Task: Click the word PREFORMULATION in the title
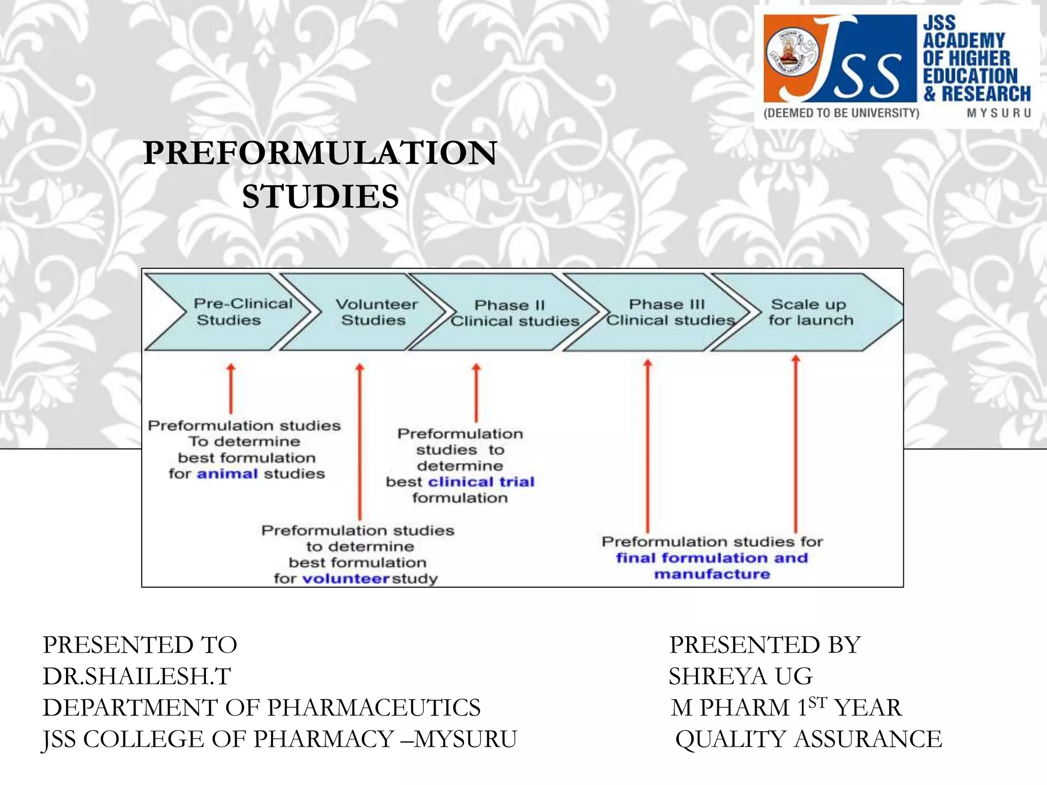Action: click(x=320, y=153)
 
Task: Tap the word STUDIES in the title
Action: click(x=320, y=197)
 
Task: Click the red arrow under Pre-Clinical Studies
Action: click(x=231, y=388)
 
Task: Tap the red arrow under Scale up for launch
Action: click(x=795, y=445)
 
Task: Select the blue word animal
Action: click(x=227, y=474)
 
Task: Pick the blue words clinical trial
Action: click(x=481, y=482)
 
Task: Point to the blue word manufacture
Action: click(x=712, y=574)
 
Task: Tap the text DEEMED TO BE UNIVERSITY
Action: click(x=841, y=113)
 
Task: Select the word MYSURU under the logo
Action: click(x=998, y=113)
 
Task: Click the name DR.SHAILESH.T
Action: click(x=137, y=676)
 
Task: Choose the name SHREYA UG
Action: click(x=740, y=676)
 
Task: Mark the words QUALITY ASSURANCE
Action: click(x=808, y=739)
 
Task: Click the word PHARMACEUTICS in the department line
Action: click(x=374, y=708)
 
